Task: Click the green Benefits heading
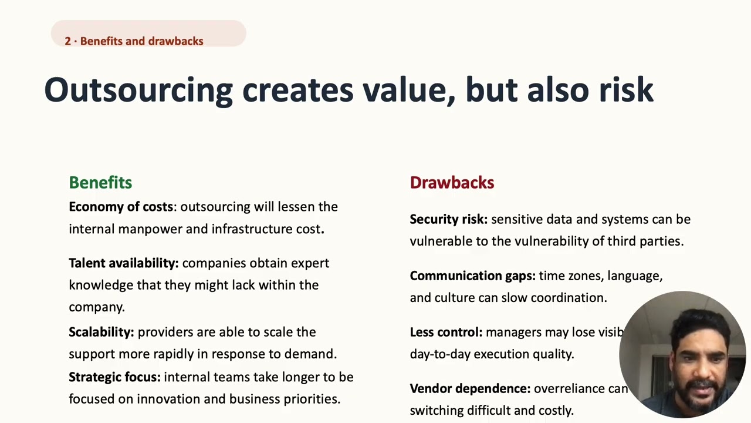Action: click(100, 183)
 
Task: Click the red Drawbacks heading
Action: click(452, 183)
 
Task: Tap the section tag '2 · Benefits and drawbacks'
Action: click(134, 41)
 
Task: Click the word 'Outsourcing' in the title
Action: click(138, 90)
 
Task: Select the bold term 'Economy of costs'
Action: click(121, 207)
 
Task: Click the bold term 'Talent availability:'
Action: click(123, 263)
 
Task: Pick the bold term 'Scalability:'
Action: click(102, 332)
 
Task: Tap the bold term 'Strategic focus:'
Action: click(114, 377)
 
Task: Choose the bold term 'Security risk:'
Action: click(448, 219)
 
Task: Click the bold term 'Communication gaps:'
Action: click(472, 276)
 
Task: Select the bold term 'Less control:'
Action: click(446, 333)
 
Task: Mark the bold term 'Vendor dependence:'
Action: click(470, 389)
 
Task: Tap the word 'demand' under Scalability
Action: click(314, 354)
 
